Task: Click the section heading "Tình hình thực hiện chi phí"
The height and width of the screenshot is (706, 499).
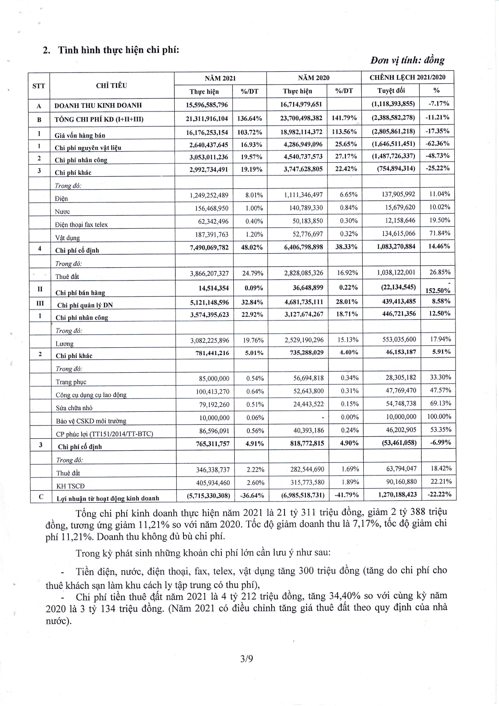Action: [x=118, y=50]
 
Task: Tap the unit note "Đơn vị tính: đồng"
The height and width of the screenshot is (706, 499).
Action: [x=407, y=60]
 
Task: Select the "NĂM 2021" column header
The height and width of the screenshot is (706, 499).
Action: [x=220, y=78]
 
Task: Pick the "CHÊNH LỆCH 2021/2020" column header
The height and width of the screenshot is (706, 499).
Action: [x=407, y=77]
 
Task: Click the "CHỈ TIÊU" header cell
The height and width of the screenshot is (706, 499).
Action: [x=111, y=85]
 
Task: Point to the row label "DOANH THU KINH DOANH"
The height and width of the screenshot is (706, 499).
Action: [x=98, y=105]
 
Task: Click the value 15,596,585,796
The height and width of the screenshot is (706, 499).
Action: [x=208, y=105]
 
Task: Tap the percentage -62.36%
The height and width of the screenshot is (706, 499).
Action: [x=437, y=143]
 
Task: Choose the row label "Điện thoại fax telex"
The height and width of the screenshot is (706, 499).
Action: [x=81, y=225]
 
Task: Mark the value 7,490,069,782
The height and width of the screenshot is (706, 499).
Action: [x=209, y=247]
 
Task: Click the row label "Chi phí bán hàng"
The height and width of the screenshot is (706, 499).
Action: [x=81, y=293]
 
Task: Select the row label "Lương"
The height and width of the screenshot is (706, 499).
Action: [x=64, y=344]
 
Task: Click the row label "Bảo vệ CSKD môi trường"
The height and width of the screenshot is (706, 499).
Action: [x=91, y=421]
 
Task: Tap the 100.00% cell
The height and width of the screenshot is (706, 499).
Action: [x=439, y=417]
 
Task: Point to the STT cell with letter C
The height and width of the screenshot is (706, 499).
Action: [x=41, y=497]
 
